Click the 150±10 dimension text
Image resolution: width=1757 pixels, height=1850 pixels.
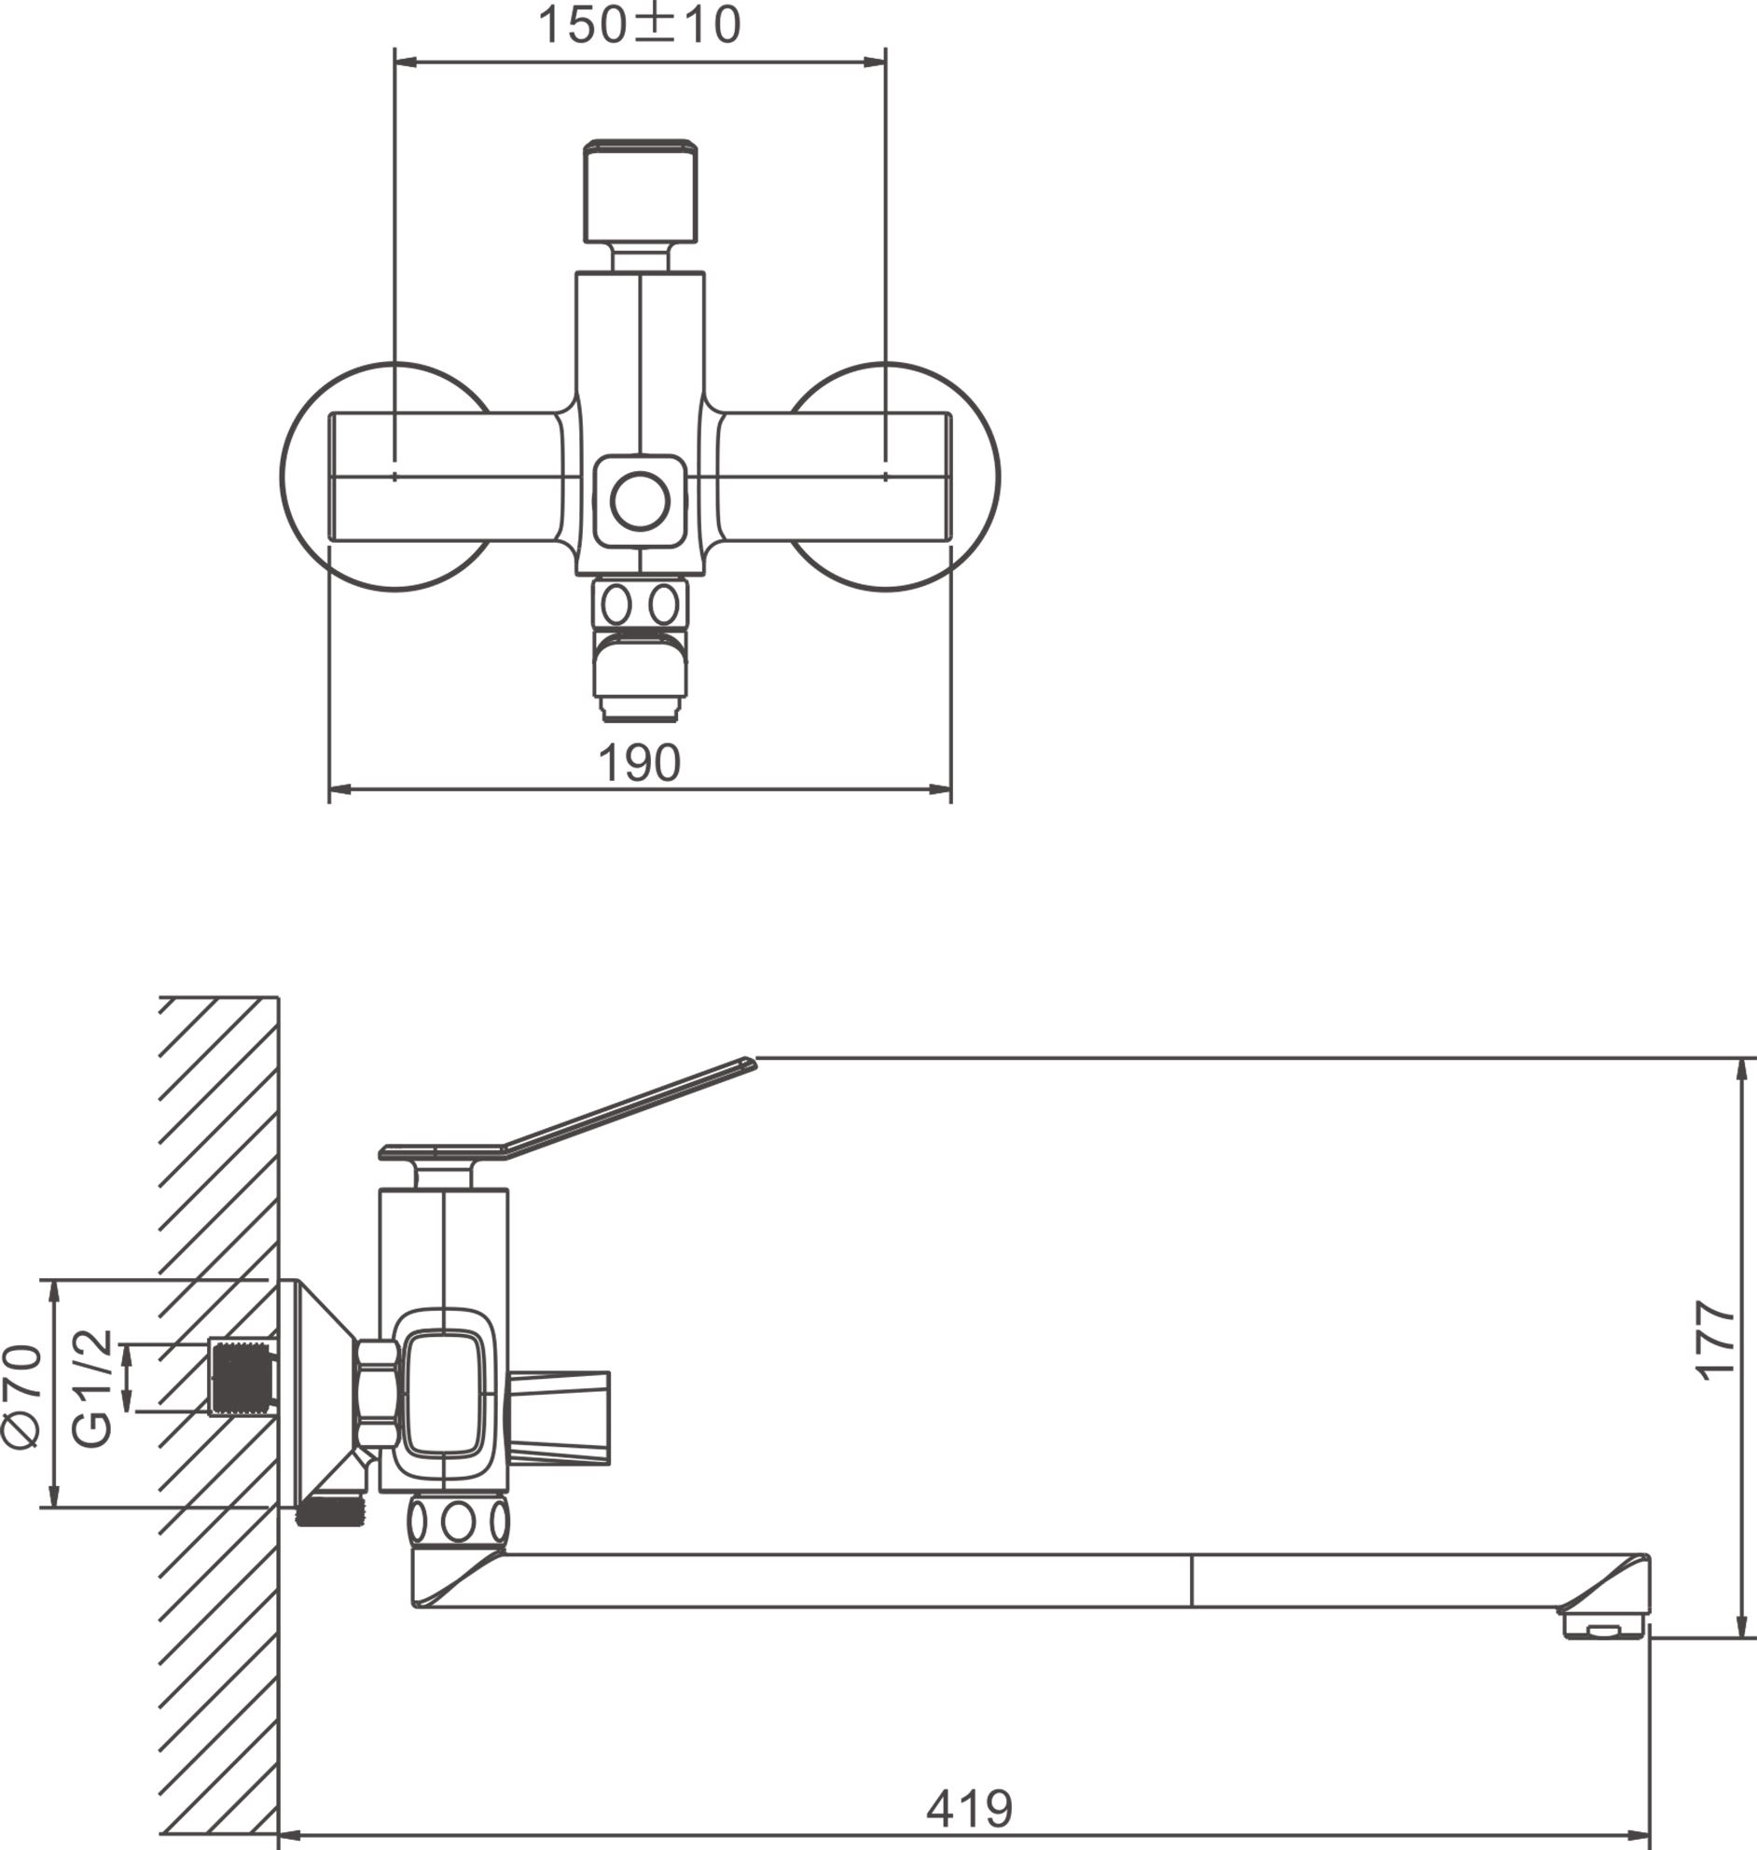pos(639,25)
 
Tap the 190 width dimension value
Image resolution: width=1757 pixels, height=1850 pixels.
pos(639,763)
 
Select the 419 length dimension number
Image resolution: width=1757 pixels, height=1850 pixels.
pos(969,1808)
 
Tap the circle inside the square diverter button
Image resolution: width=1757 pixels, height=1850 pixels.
pos(640,501)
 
